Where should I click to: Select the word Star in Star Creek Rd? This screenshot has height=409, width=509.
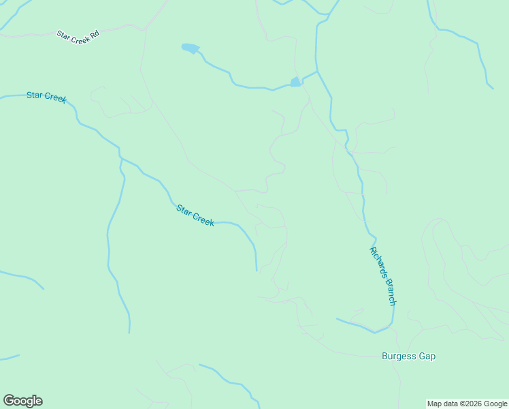(x=63, y=33)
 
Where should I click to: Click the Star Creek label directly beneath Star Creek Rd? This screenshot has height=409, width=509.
(x=46, y=97)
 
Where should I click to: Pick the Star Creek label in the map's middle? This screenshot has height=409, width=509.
(x=195, y=215)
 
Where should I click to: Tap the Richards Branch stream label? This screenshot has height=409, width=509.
(x=382, y=275)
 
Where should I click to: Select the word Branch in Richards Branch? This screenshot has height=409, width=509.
(x=388, y=290)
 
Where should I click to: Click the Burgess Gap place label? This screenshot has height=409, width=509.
(x=408, y=357)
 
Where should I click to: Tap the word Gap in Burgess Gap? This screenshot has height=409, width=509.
(x=427, y=357)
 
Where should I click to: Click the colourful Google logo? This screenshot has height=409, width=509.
(x=22, y=401)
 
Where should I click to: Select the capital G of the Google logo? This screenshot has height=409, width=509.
(x=8, y=400)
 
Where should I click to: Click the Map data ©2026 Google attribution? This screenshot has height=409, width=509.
(x=467, y=404)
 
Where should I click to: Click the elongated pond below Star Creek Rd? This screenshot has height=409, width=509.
(x=191, y=48)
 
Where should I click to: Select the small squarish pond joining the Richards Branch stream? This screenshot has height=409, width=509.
(x=295, y=82)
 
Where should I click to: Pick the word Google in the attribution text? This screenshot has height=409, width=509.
(x=495, y=404)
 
